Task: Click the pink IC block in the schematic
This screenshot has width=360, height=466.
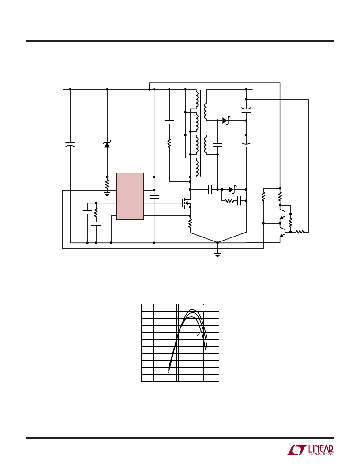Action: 130,196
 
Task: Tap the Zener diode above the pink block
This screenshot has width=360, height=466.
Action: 107,145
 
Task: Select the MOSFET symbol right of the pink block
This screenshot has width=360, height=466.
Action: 186,203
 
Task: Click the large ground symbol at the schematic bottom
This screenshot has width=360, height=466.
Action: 217,253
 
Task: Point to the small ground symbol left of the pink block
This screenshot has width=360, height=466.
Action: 107,194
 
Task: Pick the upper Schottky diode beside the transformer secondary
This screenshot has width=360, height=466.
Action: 226,120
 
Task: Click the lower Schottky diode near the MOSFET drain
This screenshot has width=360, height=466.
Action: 232,189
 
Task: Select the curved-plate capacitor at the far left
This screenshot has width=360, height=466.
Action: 70,144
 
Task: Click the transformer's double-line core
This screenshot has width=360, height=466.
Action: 201,133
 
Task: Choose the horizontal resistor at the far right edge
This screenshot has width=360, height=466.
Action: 300,232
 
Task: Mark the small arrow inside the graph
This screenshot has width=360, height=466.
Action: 200,334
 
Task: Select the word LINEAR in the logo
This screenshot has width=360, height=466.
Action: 321,449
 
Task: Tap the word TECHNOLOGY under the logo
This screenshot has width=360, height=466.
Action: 321,454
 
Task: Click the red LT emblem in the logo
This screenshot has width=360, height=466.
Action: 296,450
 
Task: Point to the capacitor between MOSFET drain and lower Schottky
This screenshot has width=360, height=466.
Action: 210,189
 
